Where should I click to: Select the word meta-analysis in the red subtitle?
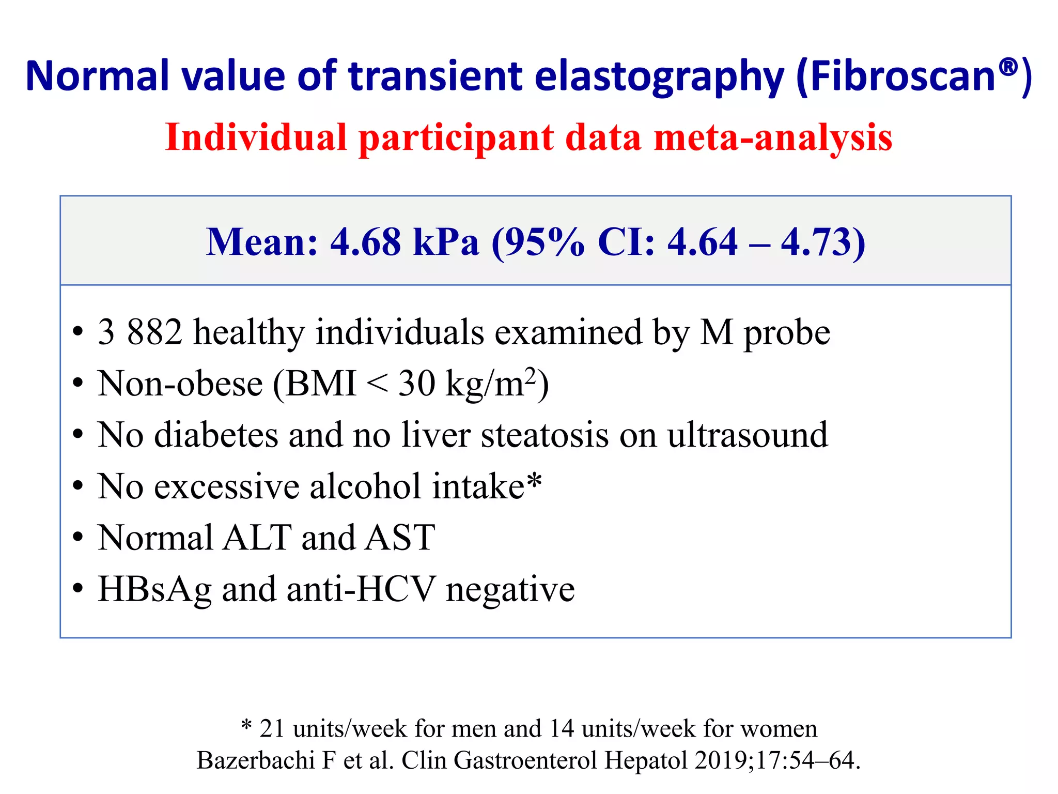(x=773, y=138)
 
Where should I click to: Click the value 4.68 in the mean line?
(x=365, y=242)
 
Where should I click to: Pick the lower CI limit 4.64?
(x=702, y=242)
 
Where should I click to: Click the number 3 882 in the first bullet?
(x=139, y=332)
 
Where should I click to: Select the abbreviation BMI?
(x=321, y=384)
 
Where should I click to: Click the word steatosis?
(x=544, y=435)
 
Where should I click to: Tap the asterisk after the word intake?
(x=534, y=481)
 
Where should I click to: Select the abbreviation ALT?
(x=257, y=538)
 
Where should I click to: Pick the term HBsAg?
(x=154, y=590)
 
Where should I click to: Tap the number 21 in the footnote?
(x=272, y=728)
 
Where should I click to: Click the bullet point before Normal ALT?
(x=77, y=538)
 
